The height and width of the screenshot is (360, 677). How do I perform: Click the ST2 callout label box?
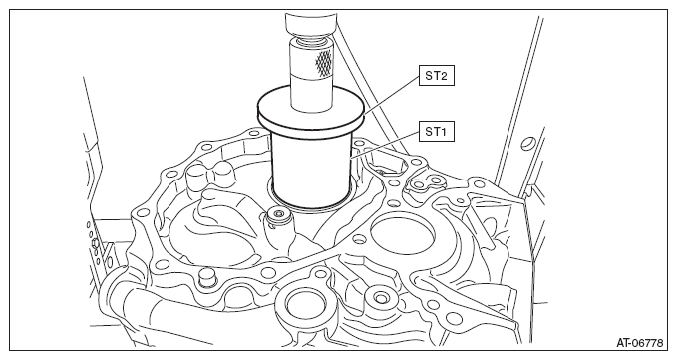click(436, 76)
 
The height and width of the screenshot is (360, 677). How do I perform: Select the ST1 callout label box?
click(436, 132)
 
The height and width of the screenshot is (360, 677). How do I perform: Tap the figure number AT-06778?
click(639, 343)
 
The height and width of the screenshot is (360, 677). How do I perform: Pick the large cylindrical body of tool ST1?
click(311, 169)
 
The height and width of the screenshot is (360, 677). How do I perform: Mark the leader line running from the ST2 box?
click(391, 95)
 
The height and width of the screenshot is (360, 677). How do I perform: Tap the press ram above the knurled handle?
click(310, 25)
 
